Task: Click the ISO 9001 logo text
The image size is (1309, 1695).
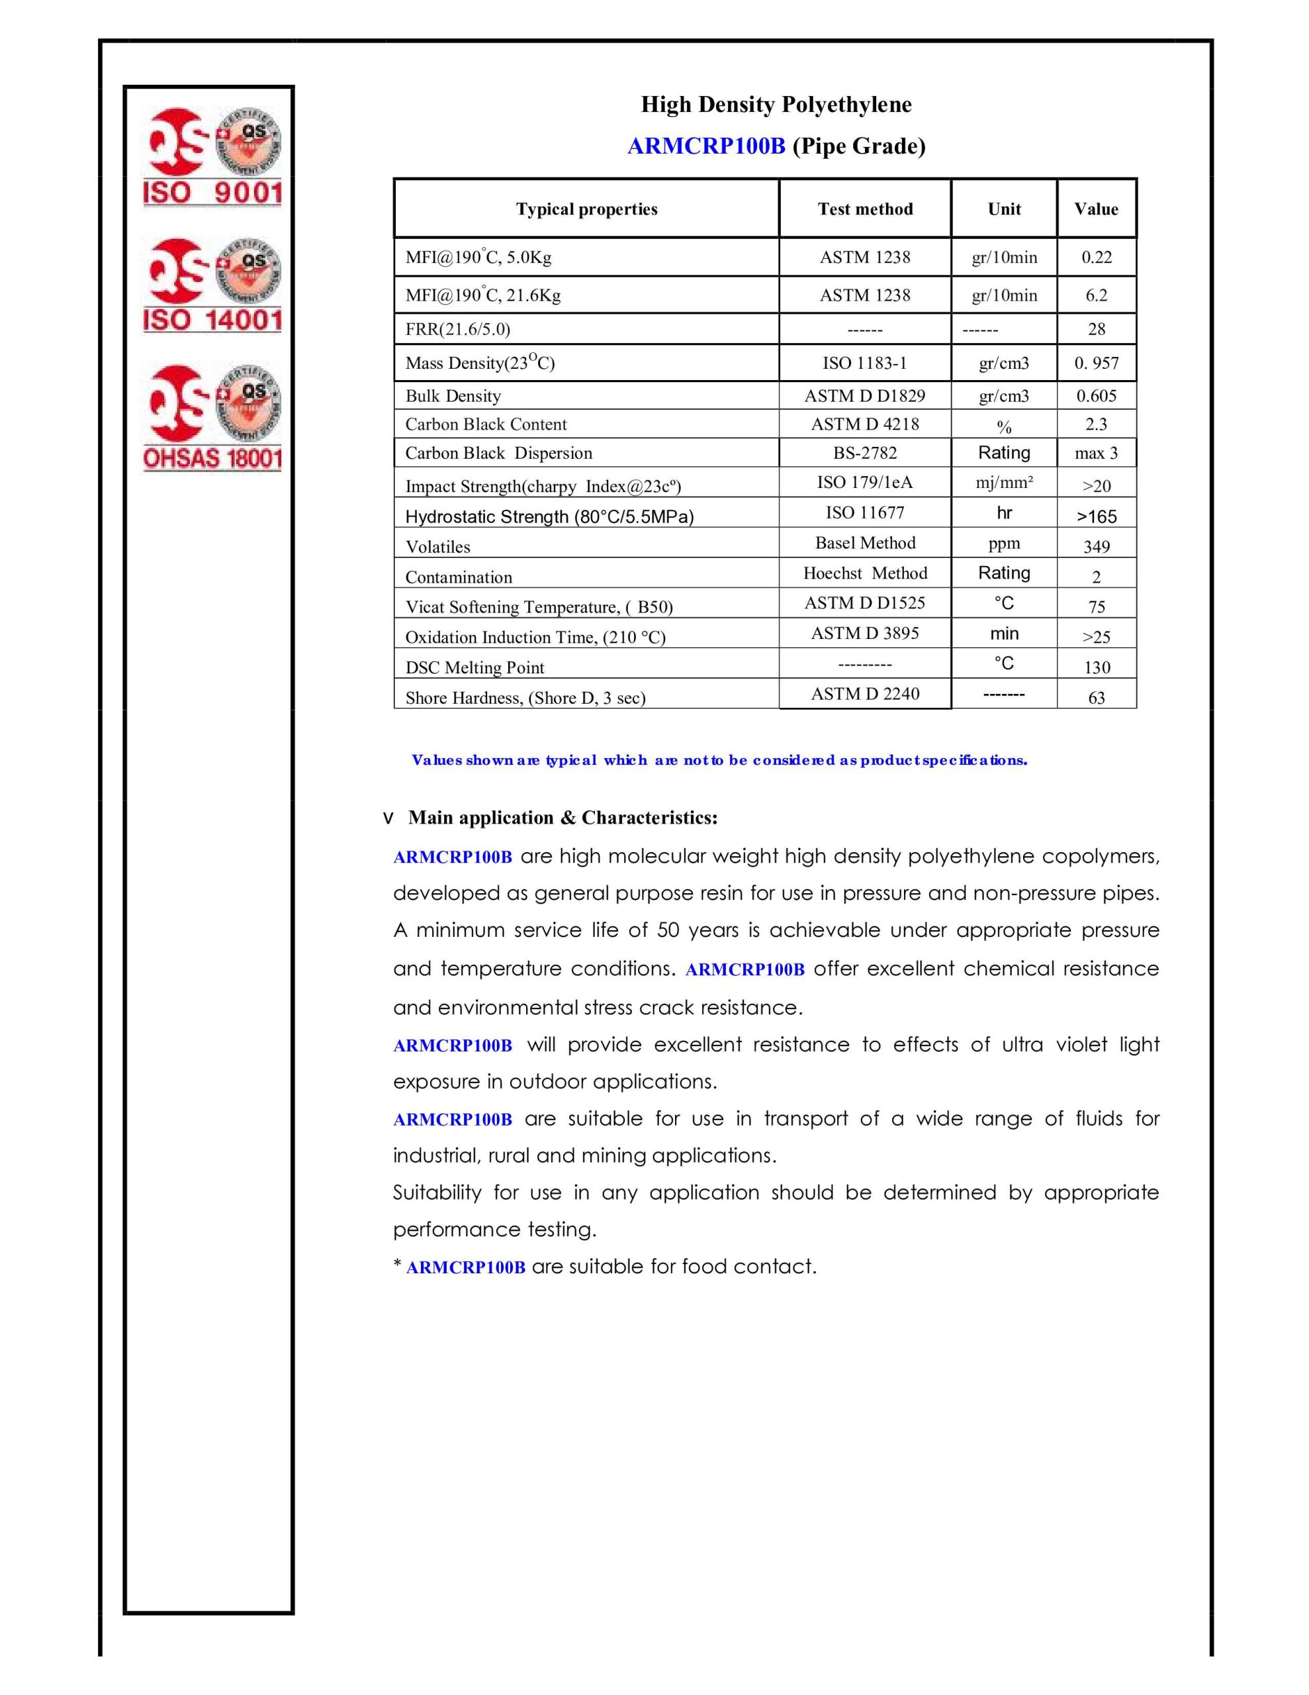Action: point(212,193)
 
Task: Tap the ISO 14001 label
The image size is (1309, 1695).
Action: point(212,320)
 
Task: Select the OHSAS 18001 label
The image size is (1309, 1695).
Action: point(212,458)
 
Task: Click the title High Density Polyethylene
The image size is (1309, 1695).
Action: point(775,105)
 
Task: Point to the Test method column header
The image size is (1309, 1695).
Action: point(864,209)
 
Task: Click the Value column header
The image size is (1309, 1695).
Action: point(1096,209)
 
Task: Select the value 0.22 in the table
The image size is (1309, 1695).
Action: point(1096,258)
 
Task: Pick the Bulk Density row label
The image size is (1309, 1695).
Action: point(453,396)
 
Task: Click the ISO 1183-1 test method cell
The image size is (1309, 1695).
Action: point(864,362)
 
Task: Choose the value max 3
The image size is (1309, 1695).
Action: point(1096,454)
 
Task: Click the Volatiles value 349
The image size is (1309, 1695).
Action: point(1096,546)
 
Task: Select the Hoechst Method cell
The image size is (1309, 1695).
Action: point(864,573)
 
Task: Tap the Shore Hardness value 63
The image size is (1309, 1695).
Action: point(1096,698)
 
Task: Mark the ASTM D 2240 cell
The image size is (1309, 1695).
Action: point(864,694)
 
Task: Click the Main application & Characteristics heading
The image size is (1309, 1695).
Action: point(563,818)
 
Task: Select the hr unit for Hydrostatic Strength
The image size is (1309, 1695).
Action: point(1004,513)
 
